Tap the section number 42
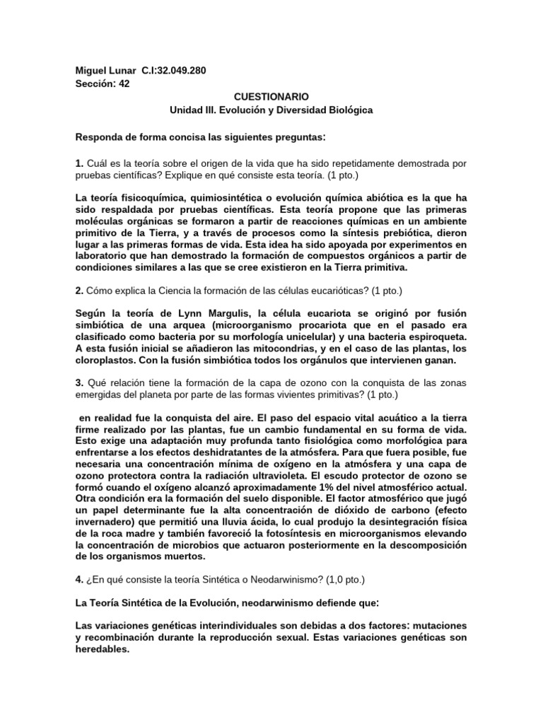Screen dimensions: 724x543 click(x=124, y=83)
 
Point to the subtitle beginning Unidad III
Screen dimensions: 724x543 click(x=271, y=110)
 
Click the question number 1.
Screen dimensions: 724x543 click(x=78, y=163)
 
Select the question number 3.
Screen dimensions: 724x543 click(x=78, y=383)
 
